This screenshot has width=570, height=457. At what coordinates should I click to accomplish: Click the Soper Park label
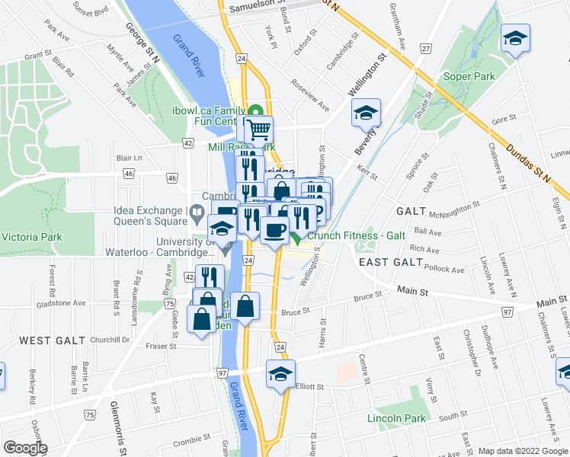[x=469, y=77]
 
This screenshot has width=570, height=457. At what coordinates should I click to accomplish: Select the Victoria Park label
[x=31, y=237]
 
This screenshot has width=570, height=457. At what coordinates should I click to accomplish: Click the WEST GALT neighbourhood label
[x=46, y=339]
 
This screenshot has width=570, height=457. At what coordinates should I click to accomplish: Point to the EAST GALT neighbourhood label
[x=390, y=262]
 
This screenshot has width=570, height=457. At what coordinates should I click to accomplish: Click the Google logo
[x=24, y=448]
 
